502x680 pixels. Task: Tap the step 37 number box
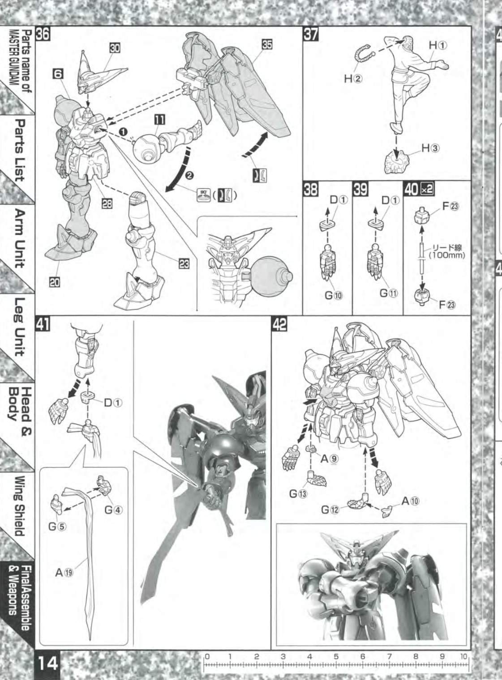point(311,34)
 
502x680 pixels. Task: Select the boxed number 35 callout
point(267,44)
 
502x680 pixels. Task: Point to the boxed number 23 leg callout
point(184,264)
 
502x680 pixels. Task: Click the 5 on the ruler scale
point(336,656)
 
